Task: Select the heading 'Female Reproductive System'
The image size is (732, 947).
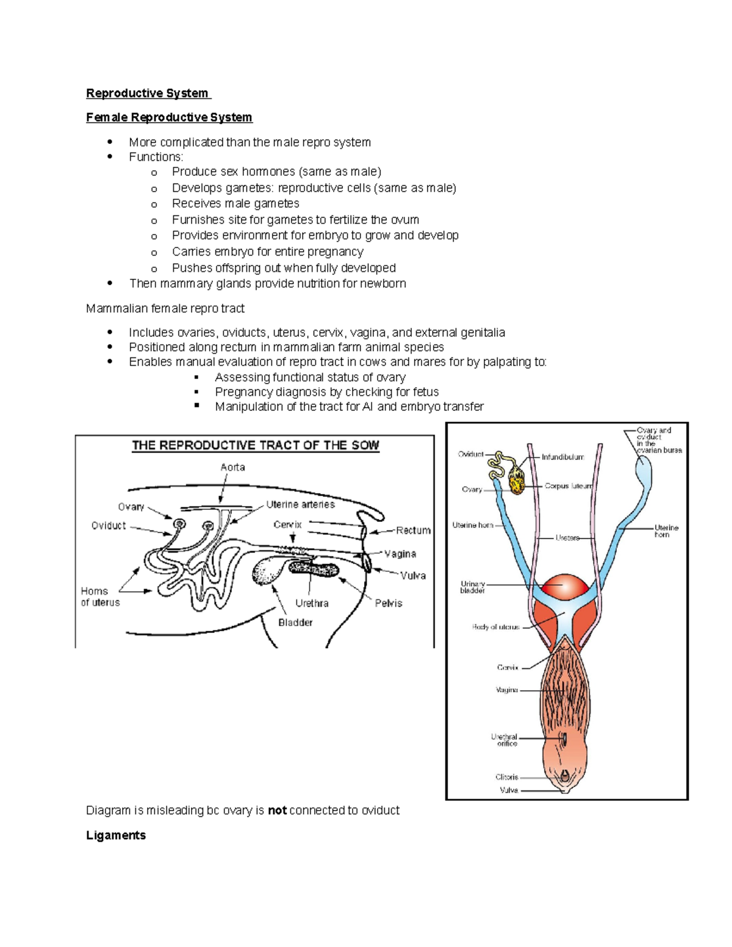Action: tap(169, 117)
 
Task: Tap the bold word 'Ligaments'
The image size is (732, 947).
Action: tap(116, 835)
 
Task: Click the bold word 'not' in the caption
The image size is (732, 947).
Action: tap(277, 810)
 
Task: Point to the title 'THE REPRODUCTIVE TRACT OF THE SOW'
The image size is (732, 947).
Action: tap(256, 446)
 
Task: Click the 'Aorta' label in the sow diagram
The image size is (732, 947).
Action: tap(232, 468)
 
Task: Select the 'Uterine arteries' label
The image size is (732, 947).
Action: tap(300, 505)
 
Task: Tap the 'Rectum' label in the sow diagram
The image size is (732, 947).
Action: tap(413, 531)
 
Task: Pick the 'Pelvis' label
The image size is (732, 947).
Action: tap(389, 603)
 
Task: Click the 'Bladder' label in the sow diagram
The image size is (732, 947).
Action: tap(295, 623)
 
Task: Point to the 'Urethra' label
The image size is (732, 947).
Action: tap(312, 603)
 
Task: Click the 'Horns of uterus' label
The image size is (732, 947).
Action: tap(100, 597)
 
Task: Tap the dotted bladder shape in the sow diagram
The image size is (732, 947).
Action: tap(267, 571)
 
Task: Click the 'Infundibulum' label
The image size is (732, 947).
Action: tap(562, 457)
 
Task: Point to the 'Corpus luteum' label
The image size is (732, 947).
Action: tap(568, 487)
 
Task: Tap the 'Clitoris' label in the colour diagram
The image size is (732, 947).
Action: tap(506, 777)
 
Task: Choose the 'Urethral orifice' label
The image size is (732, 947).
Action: tap(504, 740)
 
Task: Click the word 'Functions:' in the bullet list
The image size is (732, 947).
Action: tap(156, 157)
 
